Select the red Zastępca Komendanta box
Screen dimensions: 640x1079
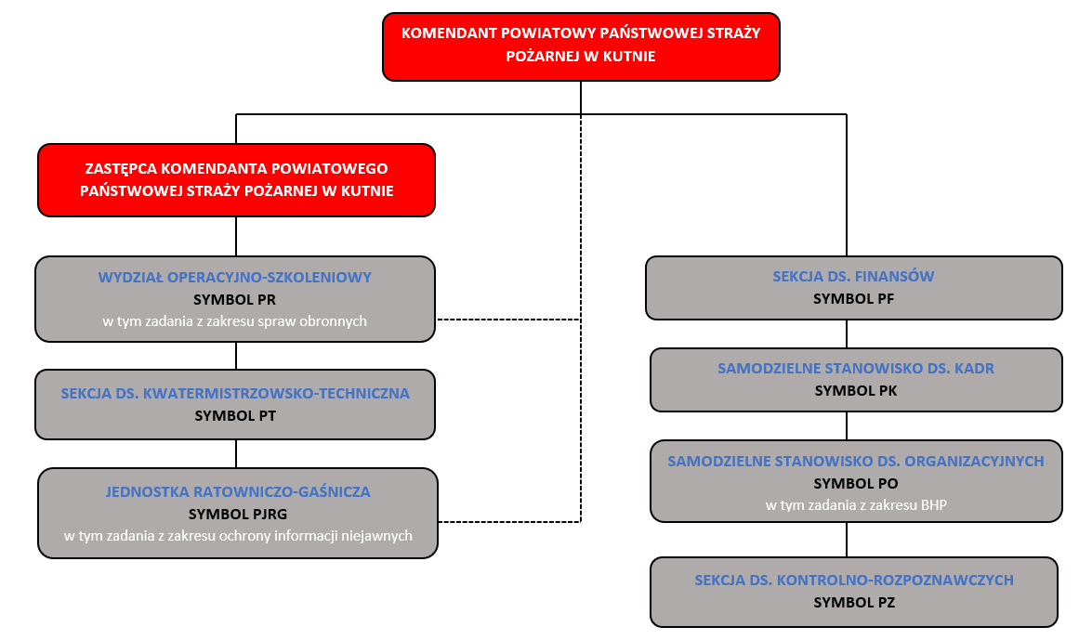236,180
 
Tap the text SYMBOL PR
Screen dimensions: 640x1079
235,299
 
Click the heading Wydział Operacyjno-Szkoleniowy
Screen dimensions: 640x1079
235,277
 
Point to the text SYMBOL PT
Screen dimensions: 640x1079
235,415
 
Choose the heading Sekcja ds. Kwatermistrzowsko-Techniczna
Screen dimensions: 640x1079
235,393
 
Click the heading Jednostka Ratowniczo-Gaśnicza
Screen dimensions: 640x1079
238,490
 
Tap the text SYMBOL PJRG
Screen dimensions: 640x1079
238,513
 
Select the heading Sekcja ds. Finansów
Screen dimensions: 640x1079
853,276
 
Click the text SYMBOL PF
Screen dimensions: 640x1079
853,298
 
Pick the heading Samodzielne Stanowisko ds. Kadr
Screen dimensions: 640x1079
856,368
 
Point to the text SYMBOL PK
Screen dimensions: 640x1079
856,390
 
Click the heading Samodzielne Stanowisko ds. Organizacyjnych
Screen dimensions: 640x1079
856,461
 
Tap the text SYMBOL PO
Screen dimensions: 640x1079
856,483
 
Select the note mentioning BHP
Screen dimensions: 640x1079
856,505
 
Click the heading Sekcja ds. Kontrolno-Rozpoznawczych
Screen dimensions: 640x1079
854,580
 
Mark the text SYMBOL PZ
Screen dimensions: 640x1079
854,602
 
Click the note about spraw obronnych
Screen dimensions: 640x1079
235,321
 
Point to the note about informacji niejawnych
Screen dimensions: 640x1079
238,535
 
